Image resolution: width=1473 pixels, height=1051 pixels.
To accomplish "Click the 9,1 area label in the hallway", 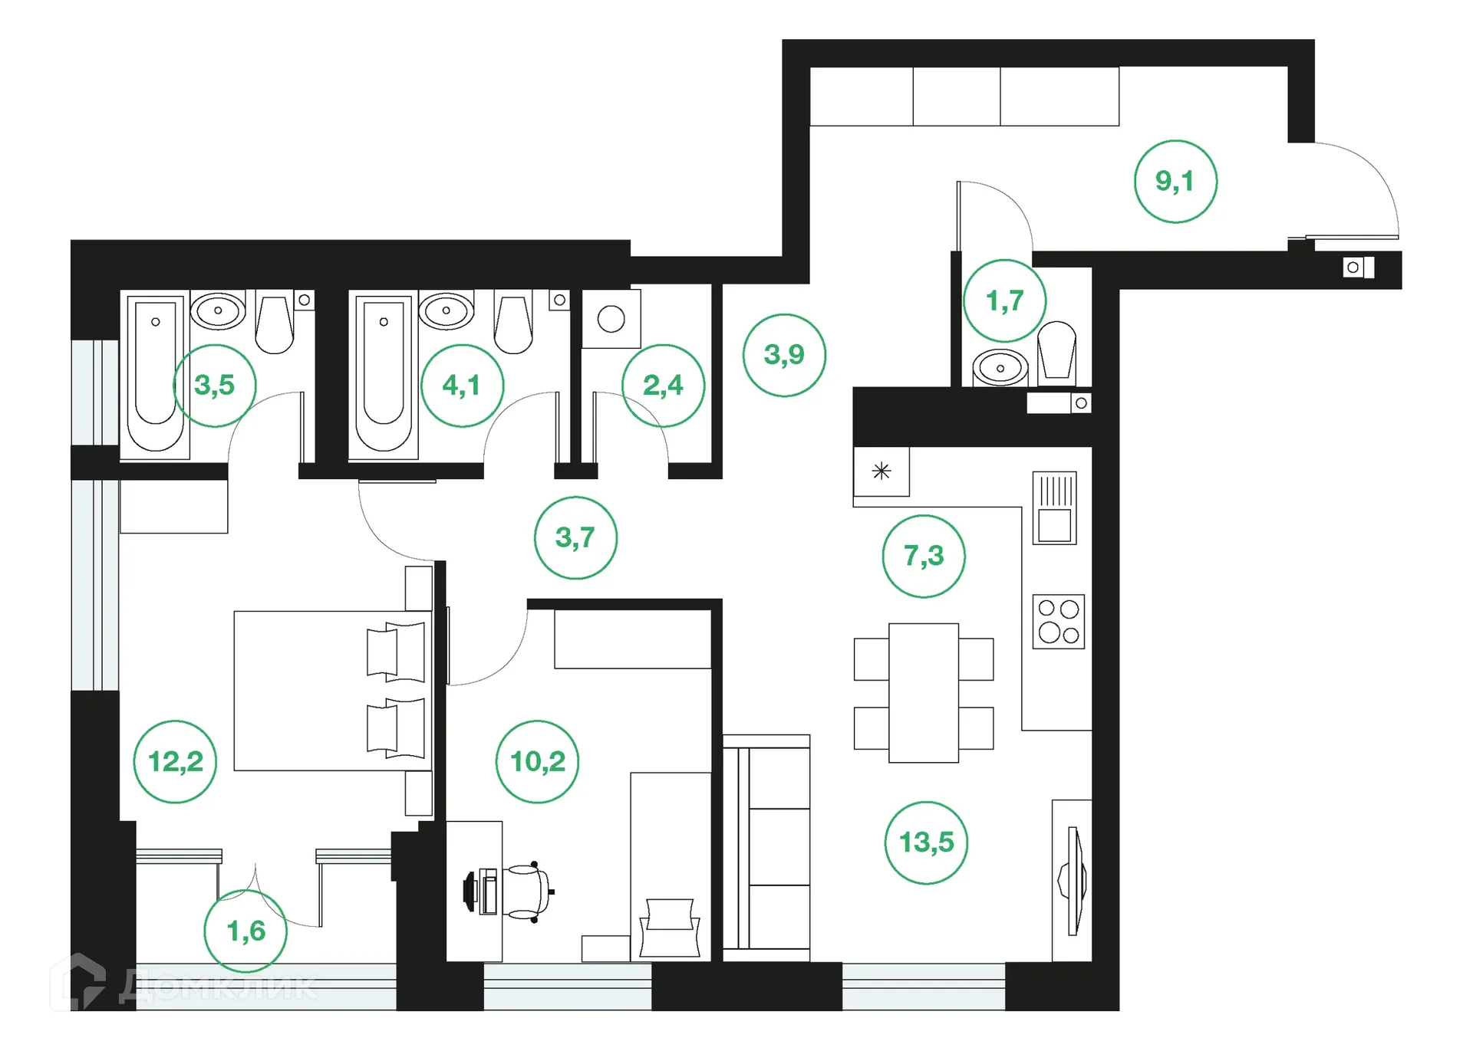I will click(x=1175, y=182).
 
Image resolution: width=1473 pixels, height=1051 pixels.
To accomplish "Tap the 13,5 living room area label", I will click(x=926, y=842).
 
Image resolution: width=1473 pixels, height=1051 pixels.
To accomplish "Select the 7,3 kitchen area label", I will click(x=924, y=556).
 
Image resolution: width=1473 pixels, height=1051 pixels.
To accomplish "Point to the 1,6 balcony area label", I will click(x=245, y=931).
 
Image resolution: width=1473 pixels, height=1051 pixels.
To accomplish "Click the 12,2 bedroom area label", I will click(x=175, y=761).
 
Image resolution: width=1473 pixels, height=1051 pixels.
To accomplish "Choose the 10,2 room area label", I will click(x=537, y=761).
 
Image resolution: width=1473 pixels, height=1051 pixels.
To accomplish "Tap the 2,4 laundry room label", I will click(x=663, y=385).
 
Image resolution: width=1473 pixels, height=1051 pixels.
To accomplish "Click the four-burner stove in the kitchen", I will click(x=1058, y=622).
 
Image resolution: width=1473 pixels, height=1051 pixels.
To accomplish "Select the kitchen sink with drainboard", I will click(x=1054, y=508).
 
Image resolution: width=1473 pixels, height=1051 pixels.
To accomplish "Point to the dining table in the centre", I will click(x=923, y=692).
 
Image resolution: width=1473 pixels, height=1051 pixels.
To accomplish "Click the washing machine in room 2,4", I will click(x=611, y=319).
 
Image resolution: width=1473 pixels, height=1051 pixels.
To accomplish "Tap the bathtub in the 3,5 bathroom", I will click(x=156, y=373).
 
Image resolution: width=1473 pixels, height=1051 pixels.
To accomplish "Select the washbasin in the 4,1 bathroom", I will click(x=446, y=310).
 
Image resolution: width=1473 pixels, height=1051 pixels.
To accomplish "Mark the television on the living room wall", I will click(x=1074, y=881).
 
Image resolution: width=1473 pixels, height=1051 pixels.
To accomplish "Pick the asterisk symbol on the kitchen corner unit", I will click(x=881, y=471).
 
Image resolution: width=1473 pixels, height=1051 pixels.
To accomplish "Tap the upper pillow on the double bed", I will click(x=396, y=652).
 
